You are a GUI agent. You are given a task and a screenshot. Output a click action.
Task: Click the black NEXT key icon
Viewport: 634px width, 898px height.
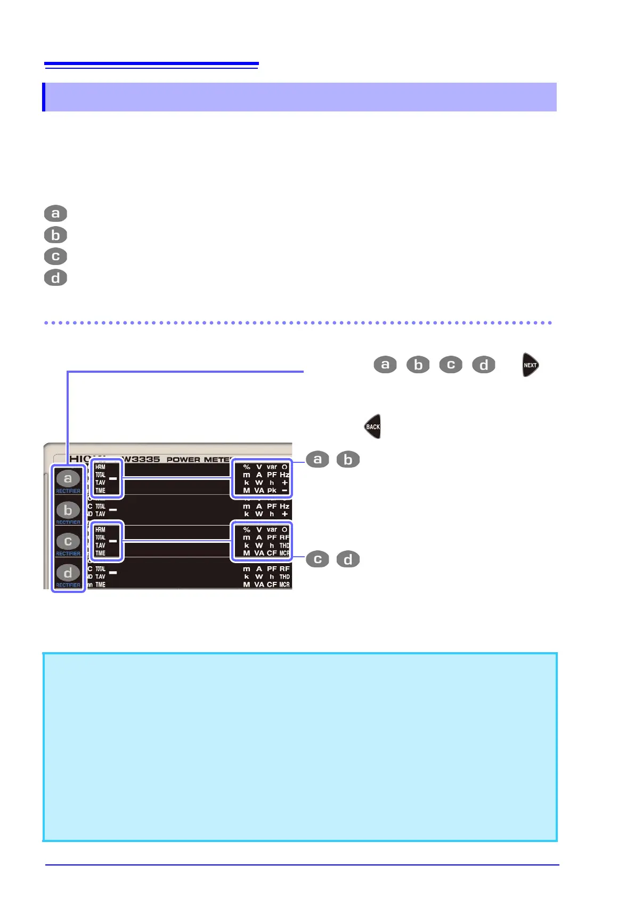pyautogui.click(x=530, y=365)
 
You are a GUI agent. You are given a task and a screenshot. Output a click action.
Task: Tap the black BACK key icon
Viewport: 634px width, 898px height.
pyautogui.click(x=372, y=427)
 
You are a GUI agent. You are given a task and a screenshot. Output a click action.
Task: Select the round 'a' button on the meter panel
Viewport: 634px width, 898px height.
pyautogui.click(x=68, y=478)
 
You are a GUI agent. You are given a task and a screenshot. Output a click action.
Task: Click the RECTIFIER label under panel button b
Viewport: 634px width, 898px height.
pyautogui.click(x=68, y=523)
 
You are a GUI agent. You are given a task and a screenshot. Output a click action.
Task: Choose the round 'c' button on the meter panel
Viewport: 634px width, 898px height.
pyautogui.click(x=68, y=541)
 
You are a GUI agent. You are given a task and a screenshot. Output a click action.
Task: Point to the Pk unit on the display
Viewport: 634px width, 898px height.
pyautogui.click(x=272, y=491)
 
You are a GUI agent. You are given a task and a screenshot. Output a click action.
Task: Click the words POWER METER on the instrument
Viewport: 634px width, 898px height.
pyautogui.click(x=198, y=459)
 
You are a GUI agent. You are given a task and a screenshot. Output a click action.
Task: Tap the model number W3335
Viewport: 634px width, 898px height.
pyautogui.click(x=141, y=459)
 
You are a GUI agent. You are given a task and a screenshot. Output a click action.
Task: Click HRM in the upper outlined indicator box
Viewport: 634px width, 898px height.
pyautogui.click(x=100, y=467)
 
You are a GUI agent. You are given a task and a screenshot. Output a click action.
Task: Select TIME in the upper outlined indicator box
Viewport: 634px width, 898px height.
pyautogui.click(x=100, y=491)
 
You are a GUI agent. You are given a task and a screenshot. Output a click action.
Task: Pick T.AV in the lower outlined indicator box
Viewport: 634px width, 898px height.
pyautogui.click(x=100, y=546)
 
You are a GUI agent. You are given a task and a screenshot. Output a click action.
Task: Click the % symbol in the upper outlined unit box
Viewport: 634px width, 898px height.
pyautogui.click(x=247, y=467)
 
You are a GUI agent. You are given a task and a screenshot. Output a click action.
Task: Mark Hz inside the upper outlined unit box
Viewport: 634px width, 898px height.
pyautogui.click(x=285, y=475)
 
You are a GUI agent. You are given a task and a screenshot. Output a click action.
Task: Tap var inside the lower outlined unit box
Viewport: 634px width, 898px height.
pyautogui.click(x=272, y=530)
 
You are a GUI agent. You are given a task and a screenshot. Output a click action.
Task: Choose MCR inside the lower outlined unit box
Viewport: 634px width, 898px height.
pyautogui.click(x=285, y=554)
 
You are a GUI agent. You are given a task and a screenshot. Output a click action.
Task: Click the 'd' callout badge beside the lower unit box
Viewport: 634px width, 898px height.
pyautogui.click(x=348, y=559)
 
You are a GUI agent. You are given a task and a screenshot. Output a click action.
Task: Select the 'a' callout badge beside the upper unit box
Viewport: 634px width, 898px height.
pyautogui.click(x=318, y=459)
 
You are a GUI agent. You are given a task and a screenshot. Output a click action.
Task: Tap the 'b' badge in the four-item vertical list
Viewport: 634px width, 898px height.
pyautogui.click(x=55, y=235)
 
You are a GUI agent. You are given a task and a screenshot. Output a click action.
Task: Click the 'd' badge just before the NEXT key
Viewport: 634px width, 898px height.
pyautogui.click(x=484, y=365)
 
